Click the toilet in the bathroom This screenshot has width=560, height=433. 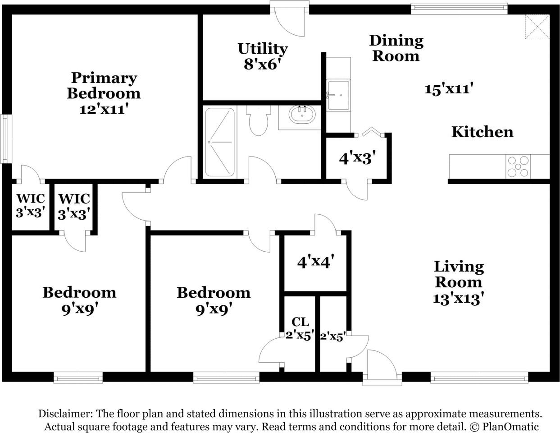click(259, 120)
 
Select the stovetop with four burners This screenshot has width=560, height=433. click(518, 166)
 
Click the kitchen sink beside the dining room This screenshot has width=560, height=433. click(338, 96)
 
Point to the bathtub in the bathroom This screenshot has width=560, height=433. click(220, 143)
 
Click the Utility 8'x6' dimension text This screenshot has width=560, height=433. click(262, 64)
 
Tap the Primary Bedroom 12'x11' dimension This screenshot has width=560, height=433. click(104, 109)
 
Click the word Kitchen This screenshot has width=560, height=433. click(483, 132)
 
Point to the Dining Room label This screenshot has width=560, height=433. click(396, 48)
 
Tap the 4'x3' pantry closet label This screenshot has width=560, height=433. click(357, 158)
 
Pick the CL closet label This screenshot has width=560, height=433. click(300, 322)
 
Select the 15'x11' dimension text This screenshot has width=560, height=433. click(449, 89)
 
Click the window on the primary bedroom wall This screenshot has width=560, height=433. click(5, 139)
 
